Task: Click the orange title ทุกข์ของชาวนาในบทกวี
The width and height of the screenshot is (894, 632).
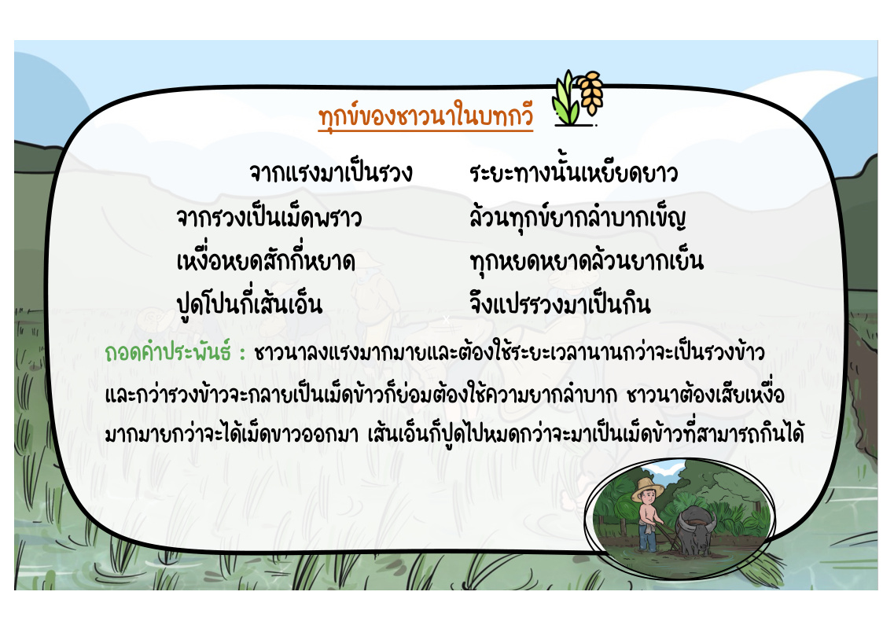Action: click(425, 116)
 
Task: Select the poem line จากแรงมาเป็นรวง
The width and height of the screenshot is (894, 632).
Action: click(331, 172)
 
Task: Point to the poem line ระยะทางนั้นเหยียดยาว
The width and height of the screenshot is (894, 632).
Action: click(573, 172)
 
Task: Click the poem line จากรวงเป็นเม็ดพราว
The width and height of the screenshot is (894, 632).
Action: click(269, 216)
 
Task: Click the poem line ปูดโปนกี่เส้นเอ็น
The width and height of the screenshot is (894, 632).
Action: click(250, 303)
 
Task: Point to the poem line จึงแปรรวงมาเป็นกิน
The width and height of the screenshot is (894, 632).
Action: click(560, 302)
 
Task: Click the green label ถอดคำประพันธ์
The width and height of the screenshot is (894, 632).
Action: click(167, 351)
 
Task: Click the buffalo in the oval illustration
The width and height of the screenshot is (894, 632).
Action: click(696, 530)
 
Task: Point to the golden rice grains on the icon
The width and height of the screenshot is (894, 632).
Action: click(590, 90)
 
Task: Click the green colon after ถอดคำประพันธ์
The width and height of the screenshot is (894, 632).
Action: click(242, 354)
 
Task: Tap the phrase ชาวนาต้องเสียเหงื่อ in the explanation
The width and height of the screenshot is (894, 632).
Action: click(705, 394)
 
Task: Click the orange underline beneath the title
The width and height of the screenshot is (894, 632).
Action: click(425, 131)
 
